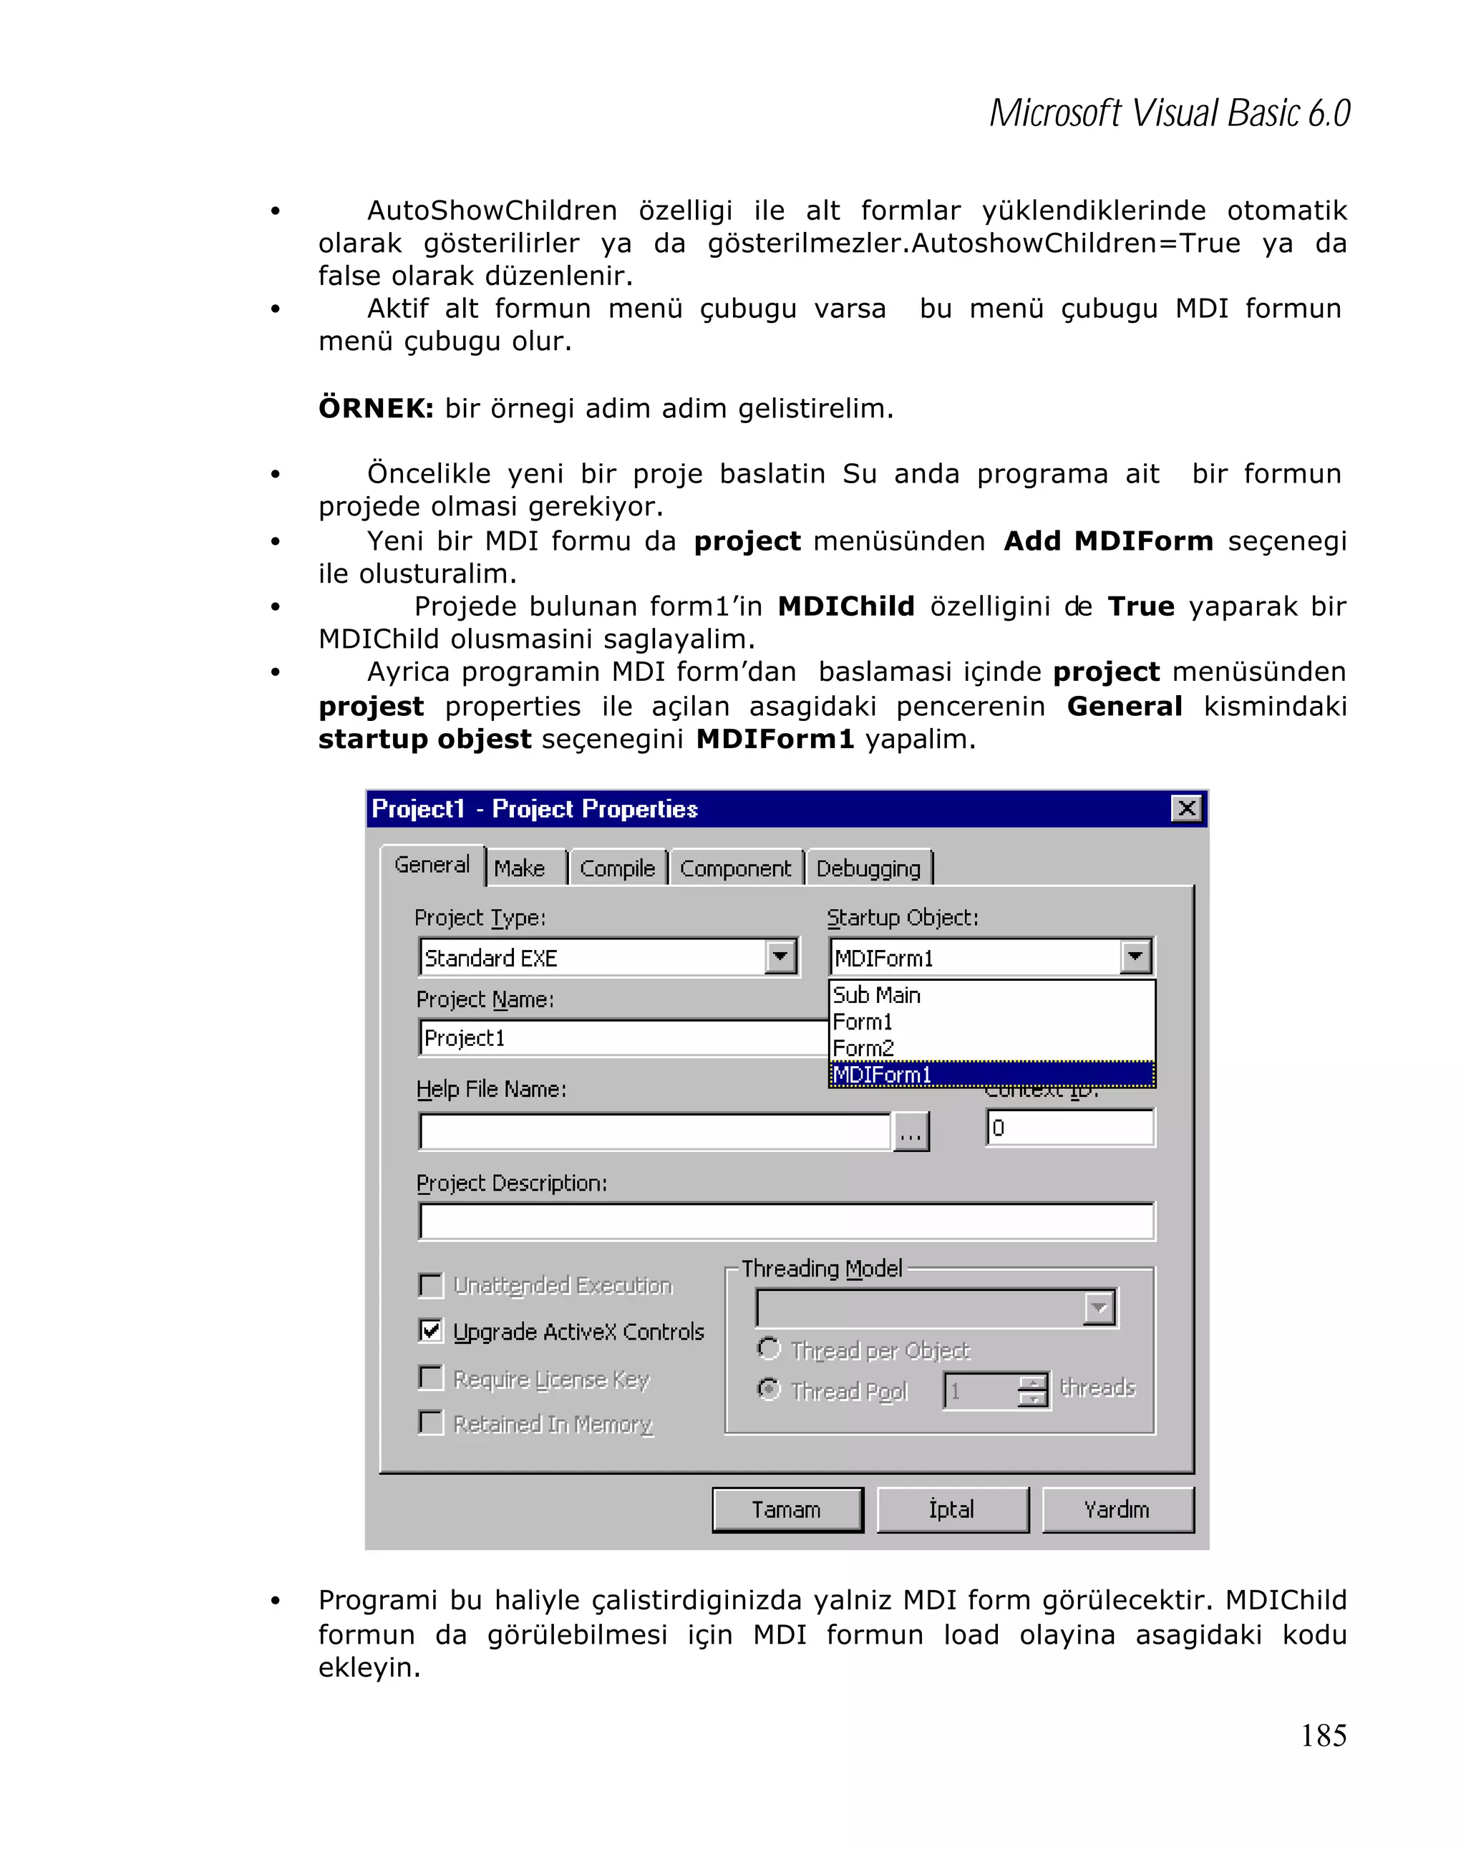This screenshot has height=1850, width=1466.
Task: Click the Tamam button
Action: pos(786,1509)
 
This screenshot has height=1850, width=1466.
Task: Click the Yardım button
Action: pos(1117,1509)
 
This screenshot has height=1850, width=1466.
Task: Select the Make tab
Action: pos(520,868)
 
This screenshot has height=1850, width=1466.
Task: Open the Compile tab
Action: pos(617,868)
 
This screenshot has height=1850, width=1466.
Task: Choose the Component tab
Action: pos(735,868)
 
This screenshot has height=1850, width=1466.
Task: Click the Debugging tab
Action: pos(868,868)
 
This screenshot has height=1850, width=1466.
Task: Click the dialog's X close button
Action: pos(1186,808)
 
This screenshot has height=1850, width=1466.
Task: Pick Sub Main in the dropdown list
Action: pos(877,995)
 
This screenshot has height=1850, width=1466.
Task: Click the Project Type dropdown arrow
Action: pos(780,957)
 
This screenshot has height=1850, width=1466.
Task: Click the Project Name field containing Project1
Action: pos(622,1038)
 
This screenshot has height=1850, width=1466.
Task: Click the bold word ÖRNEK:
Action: pos(376,408)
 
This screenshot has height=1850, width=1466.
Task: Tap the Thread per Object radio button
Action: pos(769,1349)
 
